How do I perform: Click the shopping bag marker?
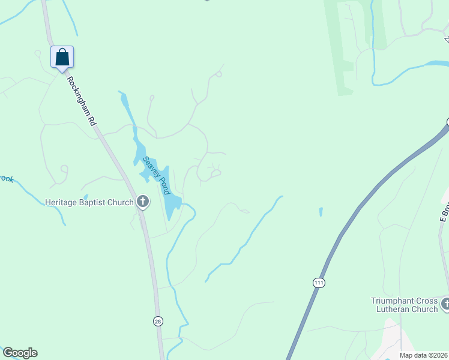(62, 58)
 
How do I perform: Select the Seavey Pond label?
(155, 175)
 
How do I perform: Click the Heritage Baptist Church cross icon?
(143, 202)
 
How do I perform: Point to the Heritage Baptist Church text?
(89, 202)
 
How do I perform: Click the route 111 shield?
(318, 282)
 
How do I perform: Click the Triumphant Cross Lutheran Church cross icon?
(445, 304)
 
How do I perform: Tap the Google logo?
(20, 353)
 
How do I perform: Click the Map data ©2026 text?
(423, 355)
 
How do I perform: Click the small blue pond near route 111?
(321, 212)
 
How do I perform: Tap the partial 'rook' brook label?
(6, 179)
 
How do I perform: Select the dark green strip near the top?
(345, 48)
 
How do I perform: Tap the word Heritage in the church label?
(62, 202)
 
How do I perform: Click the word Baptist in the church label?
(94, 202)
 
